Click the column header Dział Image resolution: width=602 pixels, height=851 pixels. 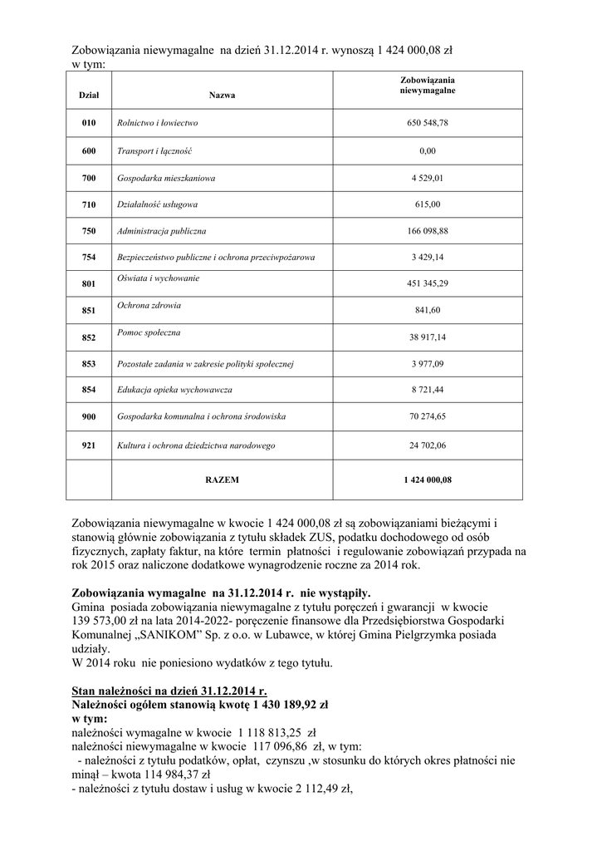(x=89, y=96)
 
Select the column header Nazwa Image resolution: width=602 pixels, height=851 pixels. (x=222, y=96)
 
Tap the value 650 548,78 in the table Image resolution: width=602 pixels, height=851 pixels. (x=428, y=123)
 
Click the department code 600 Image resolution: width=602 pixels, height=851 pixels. (x=89, y=151)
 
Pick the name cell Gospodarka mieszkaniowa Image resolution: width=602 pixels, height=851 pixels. (x=167, y=178)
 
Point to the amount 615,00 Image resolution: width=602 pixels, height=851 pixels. (x=428, y=204)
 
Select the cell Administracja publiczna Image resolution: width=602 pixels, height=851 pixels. (x=162, y=231)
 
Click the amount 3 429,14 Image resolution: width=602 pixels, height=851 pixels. (x=428, y=258)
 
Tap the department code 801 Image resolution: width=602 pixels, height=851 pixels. (x=89, y=284)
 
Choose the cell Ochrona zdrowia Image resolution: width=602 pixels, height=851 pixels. (x=149, y=305)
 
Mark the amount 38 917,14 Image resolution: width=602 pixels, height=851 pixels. (x=428, y=337)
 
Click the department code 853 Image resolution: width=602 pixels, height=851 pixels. (x=89, y=364)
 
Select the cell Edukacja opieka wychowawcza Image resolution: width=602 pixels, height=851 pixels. (x=174, y=390)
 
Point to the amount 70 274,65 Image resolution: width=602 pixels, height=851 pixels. (x=428, y=416)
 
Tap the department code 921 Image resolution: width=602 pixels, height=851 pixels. (x=89, y=445)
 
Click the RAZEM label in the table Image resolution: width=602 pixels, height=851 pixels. (x=222, y=480)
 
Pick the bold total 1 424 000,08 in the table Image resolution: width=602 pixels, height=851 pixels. (x=428, y=480)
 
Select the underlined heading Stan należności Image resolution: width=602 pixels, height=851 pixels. (x=169, y=691)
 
